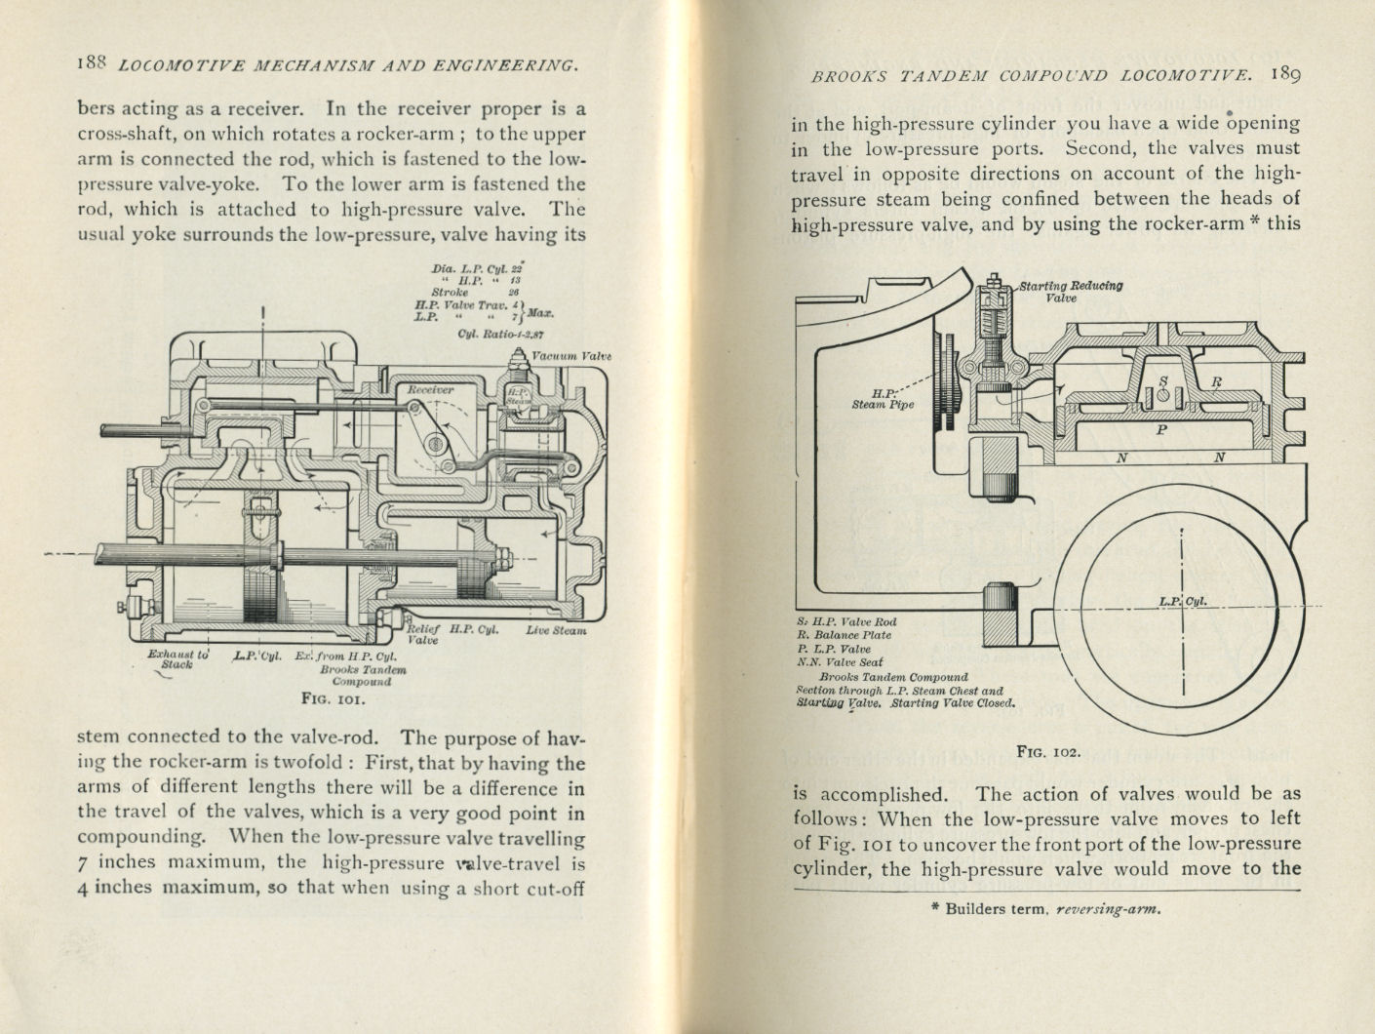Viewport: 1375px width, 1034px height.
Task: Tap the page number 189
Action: (1285, 75)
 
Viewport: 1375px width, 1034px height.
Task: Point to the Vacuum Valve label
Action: (570, 356)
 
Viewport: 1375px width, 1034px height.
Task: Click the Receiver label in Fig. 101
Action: (430, 389)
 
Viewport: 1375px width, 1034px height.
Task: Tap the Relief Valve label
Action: (422, 635)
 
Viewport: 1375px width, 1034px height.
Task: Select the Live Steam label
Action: (556, 630)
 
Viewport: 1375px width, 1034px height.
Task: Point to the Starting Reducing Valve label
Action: (1071, 292)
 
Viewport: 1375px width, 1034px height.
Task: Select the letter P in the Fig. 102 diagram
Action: (1160, 429)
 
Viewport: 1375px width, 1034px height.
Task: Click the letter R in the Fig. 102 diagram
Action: (1215, 382)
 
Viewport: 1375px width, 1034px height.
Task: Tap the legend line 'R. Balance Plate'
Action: (844, 635)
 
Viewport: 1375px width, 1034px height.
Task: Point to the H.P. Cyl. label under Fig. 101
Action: (474, 630)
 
